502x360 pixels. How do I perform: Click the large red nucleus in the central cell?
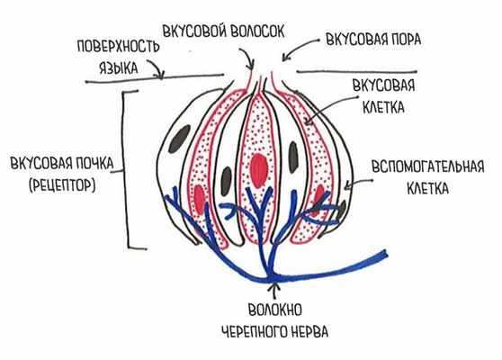click(261, 167)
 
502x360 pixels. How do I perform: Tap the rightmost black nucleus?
click(345, 208)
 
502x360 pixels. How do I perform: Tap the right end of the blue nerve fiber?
click(385, 251)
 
